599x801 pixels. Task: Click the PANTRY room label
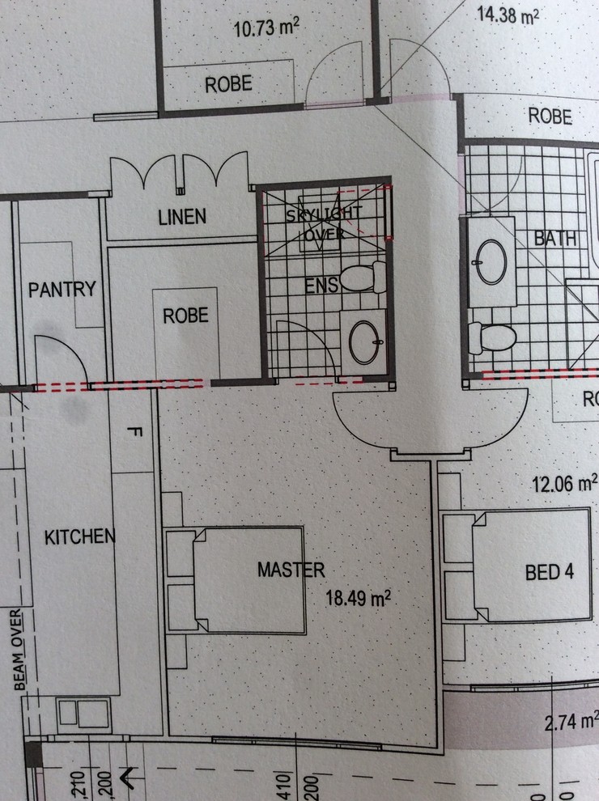[62, 289]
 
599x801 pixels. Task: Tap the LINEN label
[182, 217]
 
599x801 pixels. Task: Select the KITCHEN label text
[79, 536]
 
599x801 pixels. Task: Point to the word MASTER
[291, 570]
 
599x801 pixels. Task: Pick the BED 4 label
[550, 572]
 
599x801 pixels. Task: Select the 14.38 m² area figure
[508, 15]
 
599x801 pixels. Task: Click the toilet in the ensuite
[365, 278]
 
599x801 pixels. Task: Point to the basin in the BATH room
[491, 261]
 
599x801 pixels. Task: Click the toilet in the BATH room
[494, 337]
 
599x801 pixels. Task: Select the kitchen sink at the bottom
[83, 715]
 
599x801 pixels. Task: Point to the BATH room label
[555, 239]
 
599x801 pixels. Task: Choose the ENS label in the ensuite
[321, 285]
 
